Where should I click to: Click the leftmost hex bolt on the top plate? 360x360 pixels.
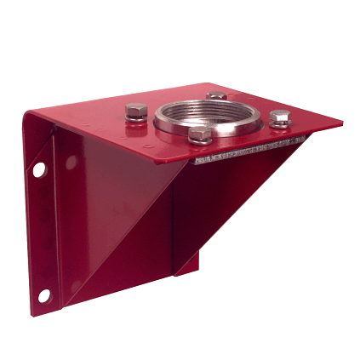pyautogui.click(x=135, y=111)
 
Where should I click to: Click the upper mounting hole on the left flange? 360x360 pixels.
pyautogui.click(x=39, y=169)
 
